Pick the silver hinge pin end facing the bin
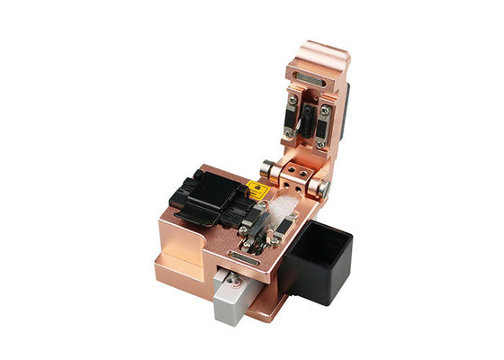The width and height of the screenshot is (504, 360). pos(321,186)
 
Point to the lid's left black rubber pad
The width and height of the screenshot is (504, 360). pos(292,117)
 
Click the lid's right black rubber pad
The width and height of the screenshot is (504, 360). pos(322,126)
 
